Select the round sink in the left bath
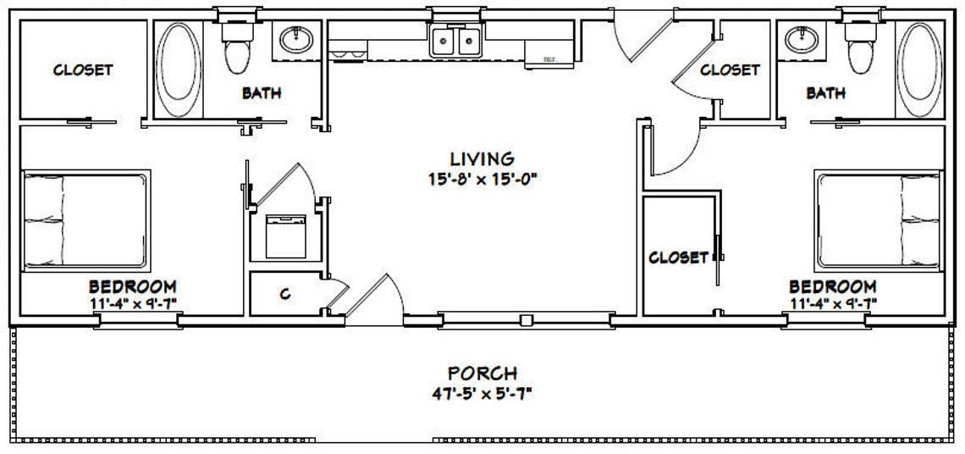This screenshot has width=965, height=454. pyautogui.click(x=295, y=39)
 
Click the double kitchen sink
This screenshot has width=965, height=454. pyautogui.click(x=455, y=42)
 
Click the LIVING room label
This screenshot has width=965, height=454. pyautogui.click(x=482, y=158)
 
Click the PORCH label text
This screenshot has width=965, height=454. pyautogui.click(x=482, y=373)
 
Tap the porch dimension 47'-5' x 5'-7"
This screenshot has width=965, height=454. pyautogui.click(x=482, y=393)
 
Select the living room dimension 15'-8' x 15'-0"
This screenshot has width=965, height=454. pyautogui.click(x=482, y=178)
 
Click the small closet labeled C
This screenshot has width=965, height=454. pyautogui.click(x=285, y=294)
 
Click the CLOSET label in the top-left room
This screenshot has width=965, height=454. pyautogui.click(x=83, y=69)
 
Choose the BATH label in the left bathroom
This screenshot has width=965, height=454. pyautogui.click(x=262, y=93)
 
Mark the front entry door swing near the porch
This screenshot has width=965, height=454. pyautogui.click(x=372, y=299)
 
